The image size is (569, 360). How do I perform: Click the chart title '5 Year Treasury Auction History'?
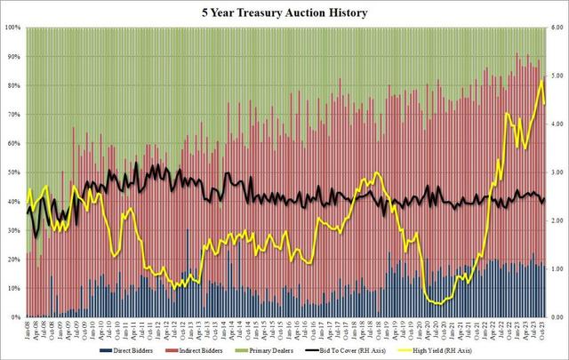(284, 12)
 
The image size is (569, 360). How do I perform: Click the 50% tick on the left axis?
(13, 172)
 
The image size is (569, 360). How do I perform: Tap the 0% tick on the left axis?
(15, 317)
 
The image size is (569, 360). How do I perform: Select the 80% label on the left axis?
(13, 85)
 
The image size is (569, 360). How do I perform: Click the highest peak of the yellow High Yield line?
(541, 78)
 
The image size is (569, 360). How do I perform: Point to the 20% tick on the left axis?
(13, 260)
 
